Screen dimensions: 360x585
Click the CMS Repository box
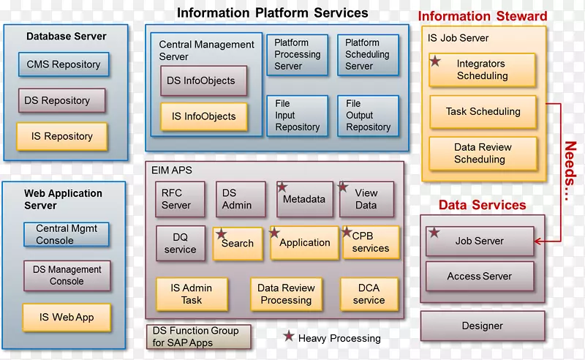point(64,64)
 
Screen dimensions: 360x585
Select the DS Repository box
point(62,100)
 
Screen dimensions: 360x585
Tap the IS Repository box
point(62,137)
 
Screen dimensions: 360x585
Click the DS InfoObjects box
point(203,81)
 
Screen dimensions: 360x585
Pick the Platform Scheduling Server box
point(367,55)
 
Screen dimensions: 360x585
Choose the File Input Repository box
point(297,116)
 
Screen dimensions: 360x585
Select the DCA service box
point(369,294)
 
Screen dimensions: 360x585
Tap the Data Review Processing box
point(286,294)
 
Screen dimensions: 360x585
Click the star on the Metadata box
point(282,187)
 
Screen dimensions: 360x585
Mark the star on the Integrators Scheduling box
point(435,61)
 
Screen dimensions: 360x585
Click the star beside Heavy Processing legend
point(289,337)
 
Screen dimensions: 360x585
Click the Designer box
point(482,326)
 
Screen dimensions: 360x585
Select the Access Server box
point(480,277)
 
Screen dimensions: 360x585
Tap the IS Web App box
point(67,318)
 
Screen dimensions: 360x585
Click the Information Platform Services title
point(273,12)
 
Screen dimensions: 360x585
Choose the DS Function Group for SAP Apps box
point(199,337)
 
